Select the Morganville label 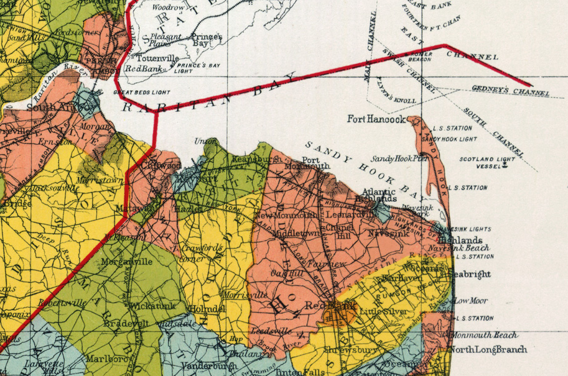128,262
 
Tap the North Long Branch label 488,349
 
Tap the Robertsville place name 62,304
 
